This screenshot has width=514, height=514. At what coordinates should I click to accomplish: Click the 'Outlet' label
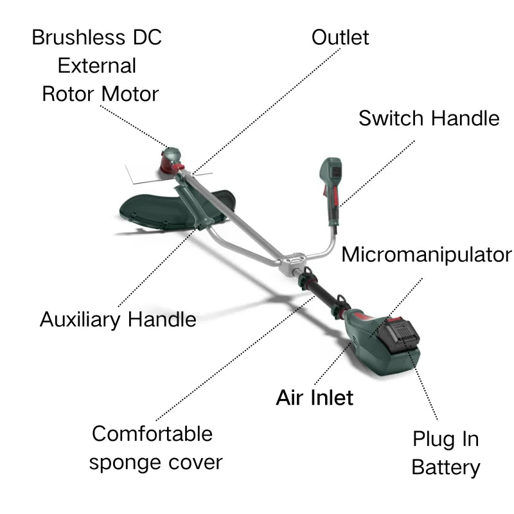(x=340, y=37)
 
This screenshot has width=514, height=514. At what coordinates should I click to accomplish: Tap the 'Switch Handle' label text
(x=429, y=118)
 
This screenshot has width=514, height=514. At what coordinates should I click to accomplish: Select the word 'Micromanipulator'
(x=427, y=254)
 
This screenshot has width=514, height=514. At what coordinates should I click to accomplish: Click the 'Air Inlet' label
(x=314, y=397)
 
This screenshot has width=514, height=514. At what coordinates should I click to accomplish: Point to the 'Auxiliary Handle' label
(x=118, y=319)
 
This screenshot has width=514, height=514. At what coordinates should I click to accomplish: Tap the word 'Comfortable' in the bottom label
(x=152, y=434)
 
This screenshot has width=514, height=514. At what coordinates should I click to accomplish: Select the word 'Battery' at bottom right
(x=445, y=467)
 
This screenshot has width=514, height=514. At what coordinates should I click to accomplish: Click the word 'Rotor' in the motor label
(x=66, y=94)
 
